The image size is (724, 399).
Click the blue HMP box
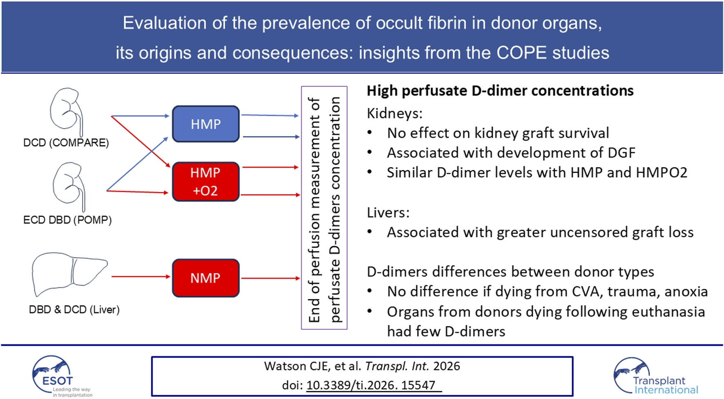coord(206,124)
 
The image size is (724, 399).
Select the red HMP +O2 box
coord(206,182)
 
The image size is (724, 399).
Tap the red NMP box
coord(206,278)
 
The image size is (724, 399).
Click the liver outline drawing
coord(67,273)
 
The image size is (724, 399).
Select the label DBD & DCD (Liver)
coord(74,310)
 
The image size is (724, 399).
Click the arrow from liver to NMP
coord(141,276)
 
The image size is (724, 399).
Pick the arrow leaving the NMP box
coord(270,278)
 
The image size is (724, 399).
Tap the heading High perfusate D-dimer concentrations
coord(500,91)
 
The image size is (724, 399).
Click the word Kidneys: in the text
coord(395,113)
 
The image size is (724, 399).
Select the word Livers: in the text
coord(388,212)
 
